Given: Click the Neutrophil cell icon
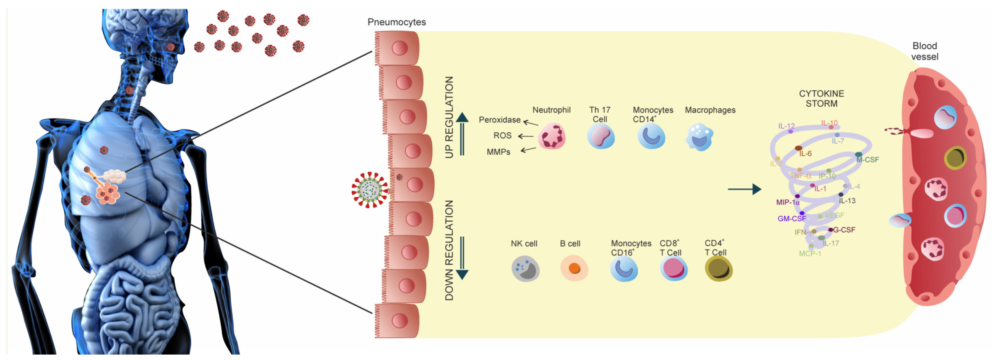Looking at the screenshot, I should [551, 136].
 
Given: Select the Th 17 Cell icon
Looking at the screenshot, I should [601, 137].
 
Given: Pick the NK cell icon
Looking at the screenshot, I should [525, 269].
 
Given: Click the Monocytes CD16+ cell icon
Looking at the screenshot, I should [624, 269].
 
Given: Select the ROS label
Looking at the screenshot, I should [502, 136].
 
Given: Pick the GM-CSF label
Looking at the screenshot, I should [791, 219].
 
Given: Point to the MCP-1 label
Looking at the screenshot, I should [809, 254].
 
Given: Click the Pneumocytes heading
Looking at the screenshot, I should [396, 22].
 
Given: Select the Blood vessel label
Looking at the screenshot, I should [924, 51].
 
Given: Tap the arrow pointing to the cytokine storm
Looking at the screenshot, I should [744, 189].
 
